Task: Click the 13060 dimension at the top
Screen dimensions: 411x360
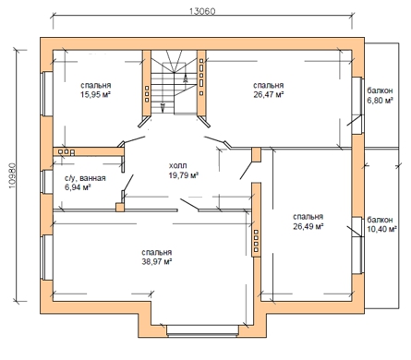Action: click(x=202, y=11)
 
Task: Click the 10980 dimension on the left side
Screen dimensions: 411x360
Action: click(x=13, y=175)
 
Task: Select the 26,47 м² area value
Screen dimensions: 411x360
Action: click(x=269, y=94)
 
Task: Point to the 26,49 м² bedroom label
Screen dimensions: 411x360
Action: click(x=308, y=226)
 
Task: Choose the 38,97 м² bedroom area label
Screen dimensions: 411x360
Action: click(x=157, y=262)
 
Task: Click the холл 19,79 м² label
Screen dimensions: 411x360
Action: click(x=184, y=171)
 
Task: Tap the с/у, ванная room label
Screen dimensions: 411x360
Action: click(x=85, y=178)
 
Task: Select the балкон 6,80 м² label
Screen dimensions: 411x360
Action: click(x=381, y=95)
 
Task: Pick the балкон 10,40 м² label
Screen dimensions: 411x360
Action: click(x=381, y=224)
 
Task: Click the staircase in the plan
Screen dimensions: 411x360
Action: click(x=174, y=82)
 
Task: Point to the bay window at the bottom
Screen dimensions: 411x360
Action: click(x=202, y=330)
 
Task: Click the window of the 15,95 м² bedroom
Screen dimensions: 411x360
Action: click(x=46, y=93)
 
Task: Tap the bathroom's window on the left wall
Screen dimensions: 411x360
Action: click(x=47, y=182)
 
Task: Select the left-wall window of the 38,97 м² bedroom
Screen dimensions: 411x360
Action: click(x=47, y=258)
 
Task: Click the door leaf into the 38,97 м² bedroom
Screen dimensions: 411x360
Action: click(x=189, y=205)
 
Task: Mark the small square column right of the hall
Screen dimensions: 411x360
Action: click(x=256, y=155)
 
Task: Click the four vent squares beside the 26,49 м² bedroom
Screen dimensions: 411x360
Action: click(x=256, y=241)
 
